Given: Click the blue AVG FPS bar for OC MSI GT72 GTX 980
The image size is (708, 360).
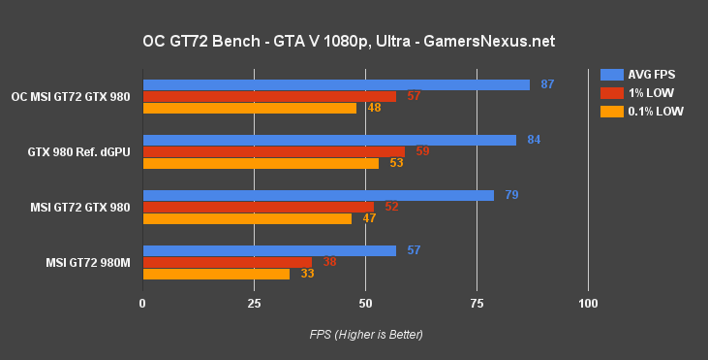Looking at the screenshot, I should click(x=336, y=84).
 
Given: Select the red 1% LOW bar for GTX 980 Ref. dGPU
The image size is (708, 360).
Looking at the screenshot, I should click(x=274, y=151).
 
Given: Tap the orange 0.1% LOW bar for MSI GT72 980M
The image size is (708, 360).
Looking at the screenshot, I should click(x=216, y=274).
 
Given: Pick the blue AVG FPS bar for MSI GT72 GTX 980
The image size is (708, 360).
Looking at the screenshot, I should click(x=318, y=195).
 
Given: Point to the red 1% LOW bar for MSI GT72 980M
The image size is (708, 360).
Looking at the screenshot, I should click(x=228, y=262).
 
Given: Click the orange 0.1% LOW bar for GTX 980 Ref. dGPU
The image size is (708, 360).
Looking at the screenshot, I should click(x=261, y=163).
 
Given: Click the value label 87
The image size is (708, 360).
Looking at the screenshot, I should click(x=547, y=84).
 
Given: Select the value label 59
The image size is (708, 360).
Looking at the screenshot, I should click(x=422, y=151).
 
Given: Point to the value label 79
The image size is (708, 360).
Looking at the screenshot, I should click(x=511, y=195).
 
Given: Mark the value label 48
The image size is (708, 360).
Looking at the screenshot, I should click(x=373, y=108).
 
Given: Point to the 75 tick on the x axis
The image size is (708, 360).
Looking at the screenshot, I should click(x=477, y=305).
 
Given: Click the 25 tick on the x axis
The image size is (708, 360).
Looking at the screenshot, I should click(x=254, y=305).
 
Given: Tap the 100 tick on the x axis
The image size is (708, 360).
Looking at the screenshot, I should click(x=588, y=305).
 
